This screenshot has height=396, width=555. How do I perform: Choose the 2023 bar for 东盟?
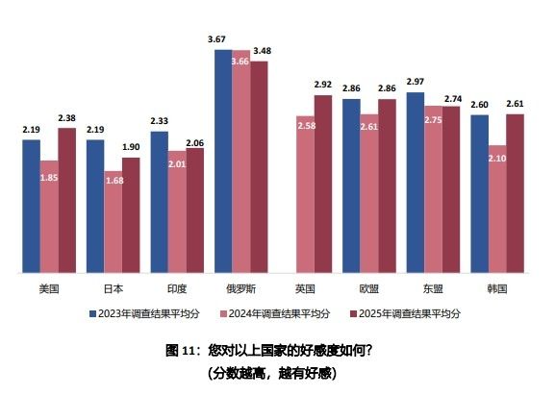tap(416, 182)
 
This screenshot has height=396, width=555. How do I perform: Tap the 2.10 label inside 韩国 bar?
tap(497, 159)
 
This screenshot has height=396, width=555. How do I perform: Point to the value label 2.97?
tap(416, 83)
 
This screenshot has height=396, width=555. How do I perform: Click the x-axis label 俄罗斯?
tap(240, 287)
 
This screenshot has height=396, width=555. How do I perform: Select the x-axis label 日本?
tap(114, 287)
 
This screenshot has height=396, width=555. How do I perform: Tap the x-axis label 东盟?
tap(433, 287)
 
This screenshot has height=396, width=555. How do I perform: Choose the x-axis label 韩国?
tap(497, 287)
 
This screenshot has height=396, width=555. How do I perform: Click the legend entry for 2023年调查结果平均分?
tap(145, 313)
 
